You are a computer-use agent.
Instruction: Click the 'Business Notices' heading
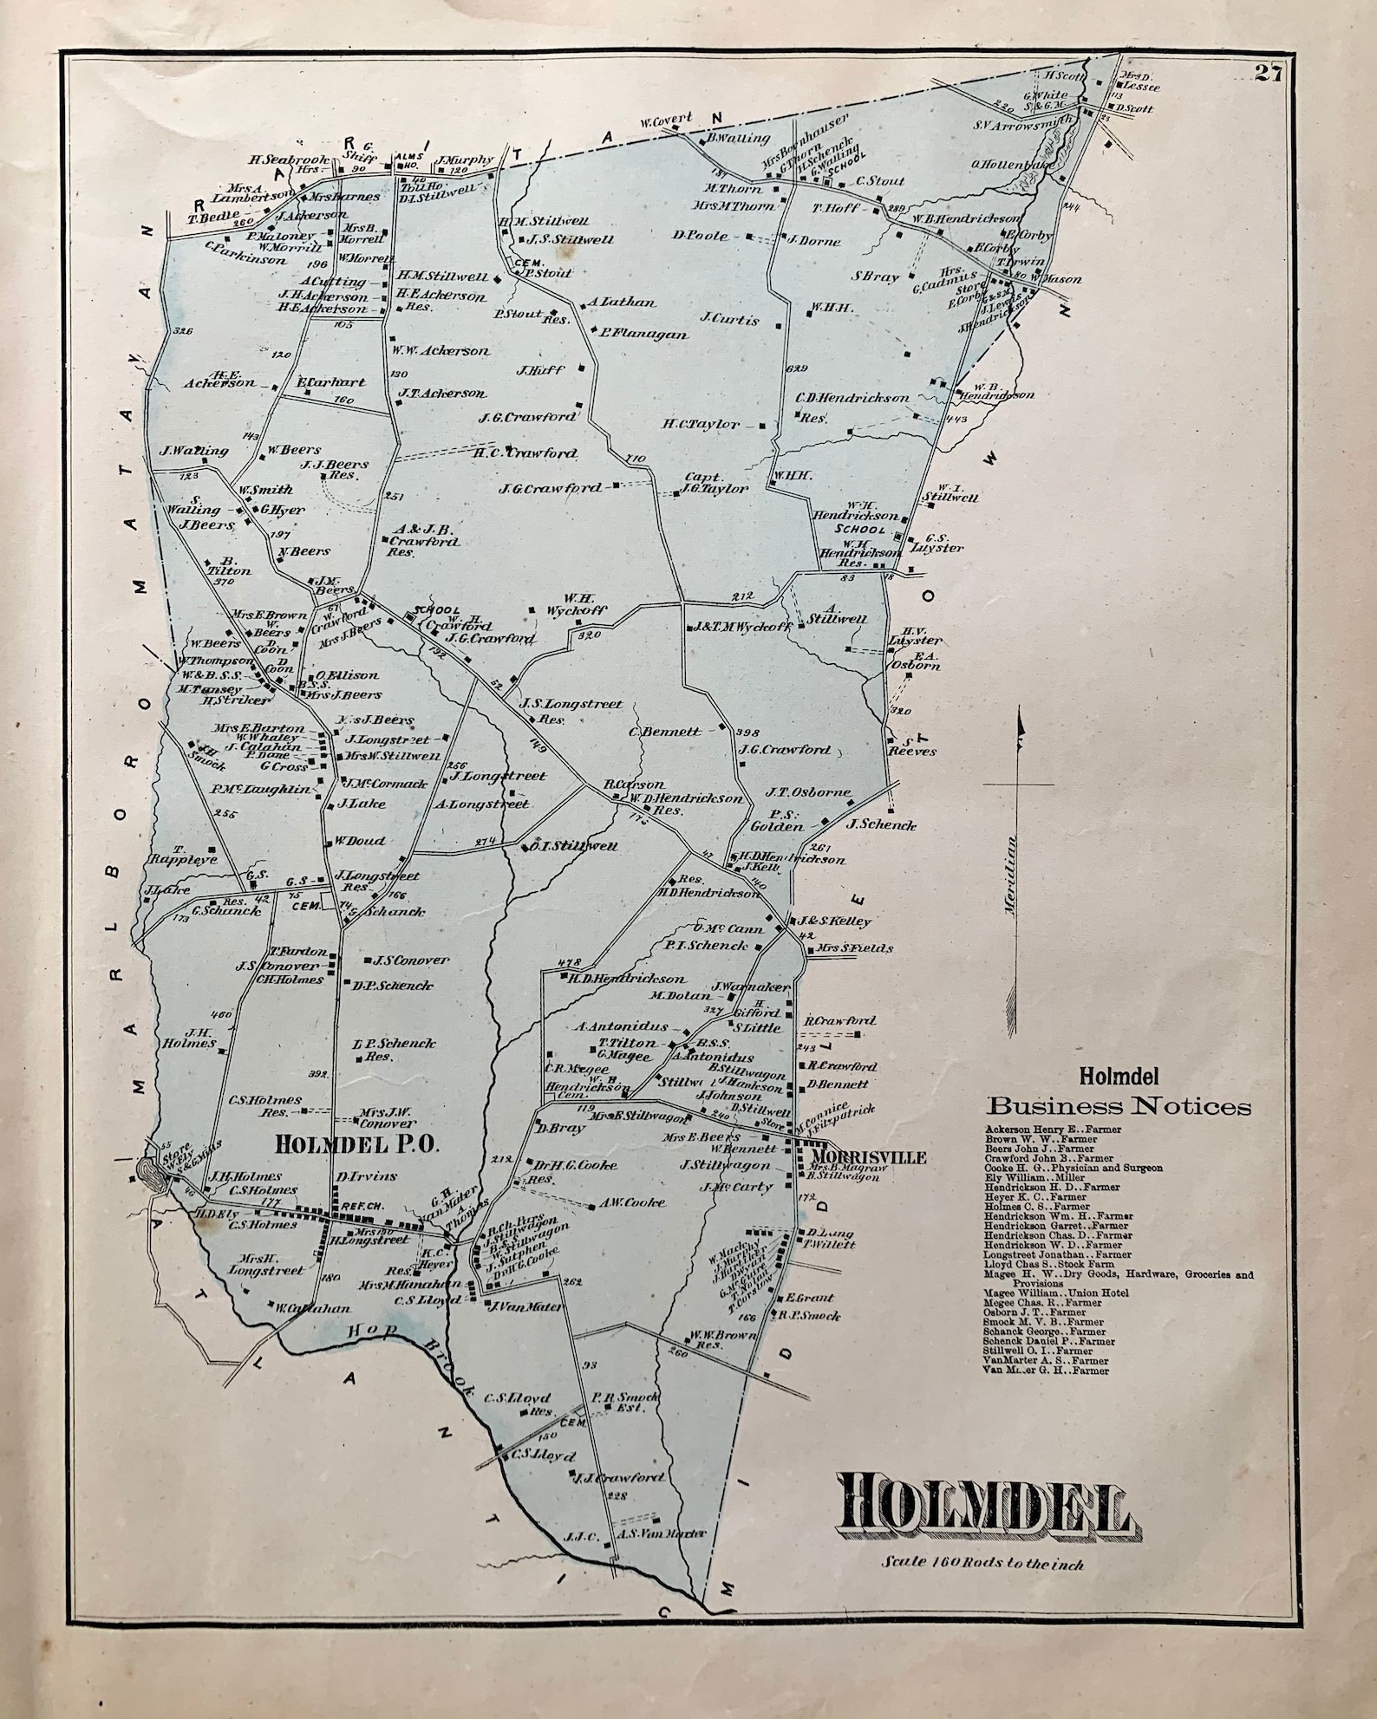point(1119,1106)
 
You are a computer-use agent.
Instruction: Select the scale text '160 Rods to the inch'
point(983,1564)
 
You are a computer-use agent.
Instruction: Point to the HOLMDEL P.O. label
point(358,1143)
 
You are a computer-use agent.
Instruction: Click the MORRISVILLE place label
point(868,1156)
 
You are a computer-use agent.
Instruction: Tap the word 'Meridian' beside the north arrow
point(1011,875)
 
